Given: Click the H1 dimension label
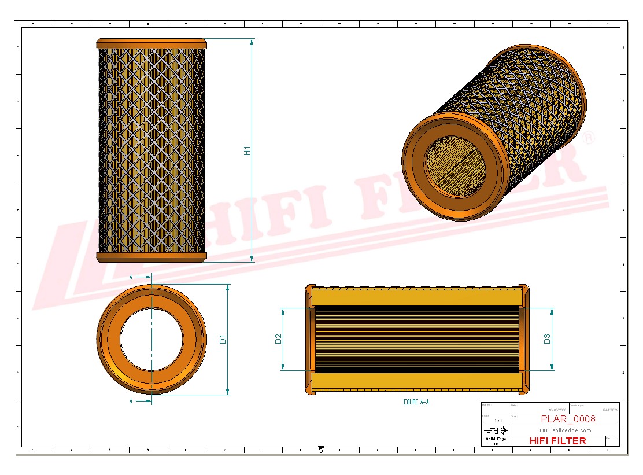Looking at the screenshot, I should click(247, 150).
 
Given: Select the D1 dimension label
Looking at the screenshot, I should click(223, 340).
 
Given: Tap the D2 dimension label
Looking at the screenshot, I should click(278, 339).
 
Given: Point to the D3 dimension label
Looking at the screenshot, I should click(547, 339).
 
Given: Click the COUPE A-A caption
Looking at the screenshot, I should click(416, 402).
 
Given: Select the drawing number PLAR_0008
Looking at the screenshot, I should click(568, 419).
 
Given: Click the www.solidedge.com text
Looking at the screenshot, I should click(564, 430).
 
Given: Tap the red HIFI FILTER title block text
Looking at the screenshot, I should click(557, 441).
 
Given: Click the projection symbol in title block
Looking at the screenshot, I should click(496, 430).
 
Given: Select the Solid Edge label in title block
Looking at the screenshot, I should click(496, 439).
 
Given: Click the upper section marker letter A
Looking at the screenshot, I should click(131, 277).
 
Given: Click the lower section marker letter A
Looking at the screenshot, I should click(131, 401).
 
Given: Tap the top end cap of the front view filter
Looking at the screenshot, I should click(151, 44).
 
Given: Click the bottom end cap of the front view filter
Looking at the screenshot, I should click(151, 257).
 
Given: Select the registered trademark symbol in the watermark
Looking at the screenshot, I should click(588, 138).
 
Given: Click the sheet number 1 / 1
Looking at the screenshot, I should click(495, 421).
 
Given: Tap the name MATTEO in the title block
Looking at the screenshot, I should click(609, 410).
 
